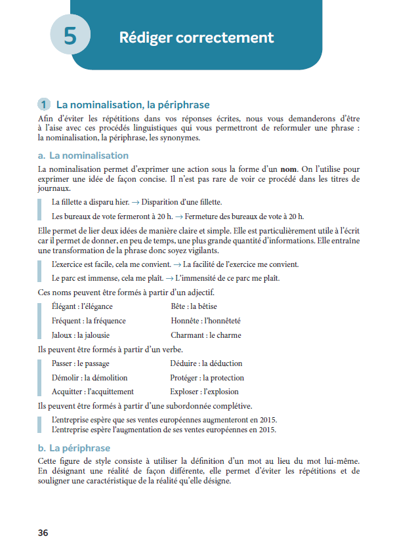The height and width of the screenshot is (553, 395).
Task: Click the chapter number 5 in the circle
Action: [70, 36]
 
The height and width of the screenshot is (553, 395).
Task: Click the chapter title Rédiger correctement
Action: [196, 37]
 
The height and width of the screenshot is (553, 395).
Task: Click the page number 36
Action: [43, 533]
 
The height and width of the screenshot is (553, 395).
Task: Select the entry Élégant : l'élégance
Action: [82, 306]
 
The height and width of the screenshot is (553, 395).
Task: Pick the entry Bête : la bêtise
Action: [194, 306]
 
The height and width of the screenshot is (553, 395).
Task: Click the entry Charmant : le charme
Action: [205, 335]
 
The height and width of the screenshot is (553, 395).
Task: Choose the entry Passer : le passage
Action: [80, 363]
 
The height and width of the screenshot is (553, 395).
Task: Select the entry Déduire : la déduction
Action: [206, 363]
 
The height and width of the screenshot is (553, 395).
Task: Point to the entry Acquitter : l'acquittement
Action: [93, 392]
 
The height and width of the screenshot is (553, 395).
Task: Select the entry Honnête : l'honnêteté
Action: [205, 321]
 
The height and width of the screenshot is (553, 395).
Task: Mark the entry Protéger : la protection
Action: [207, 378]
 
